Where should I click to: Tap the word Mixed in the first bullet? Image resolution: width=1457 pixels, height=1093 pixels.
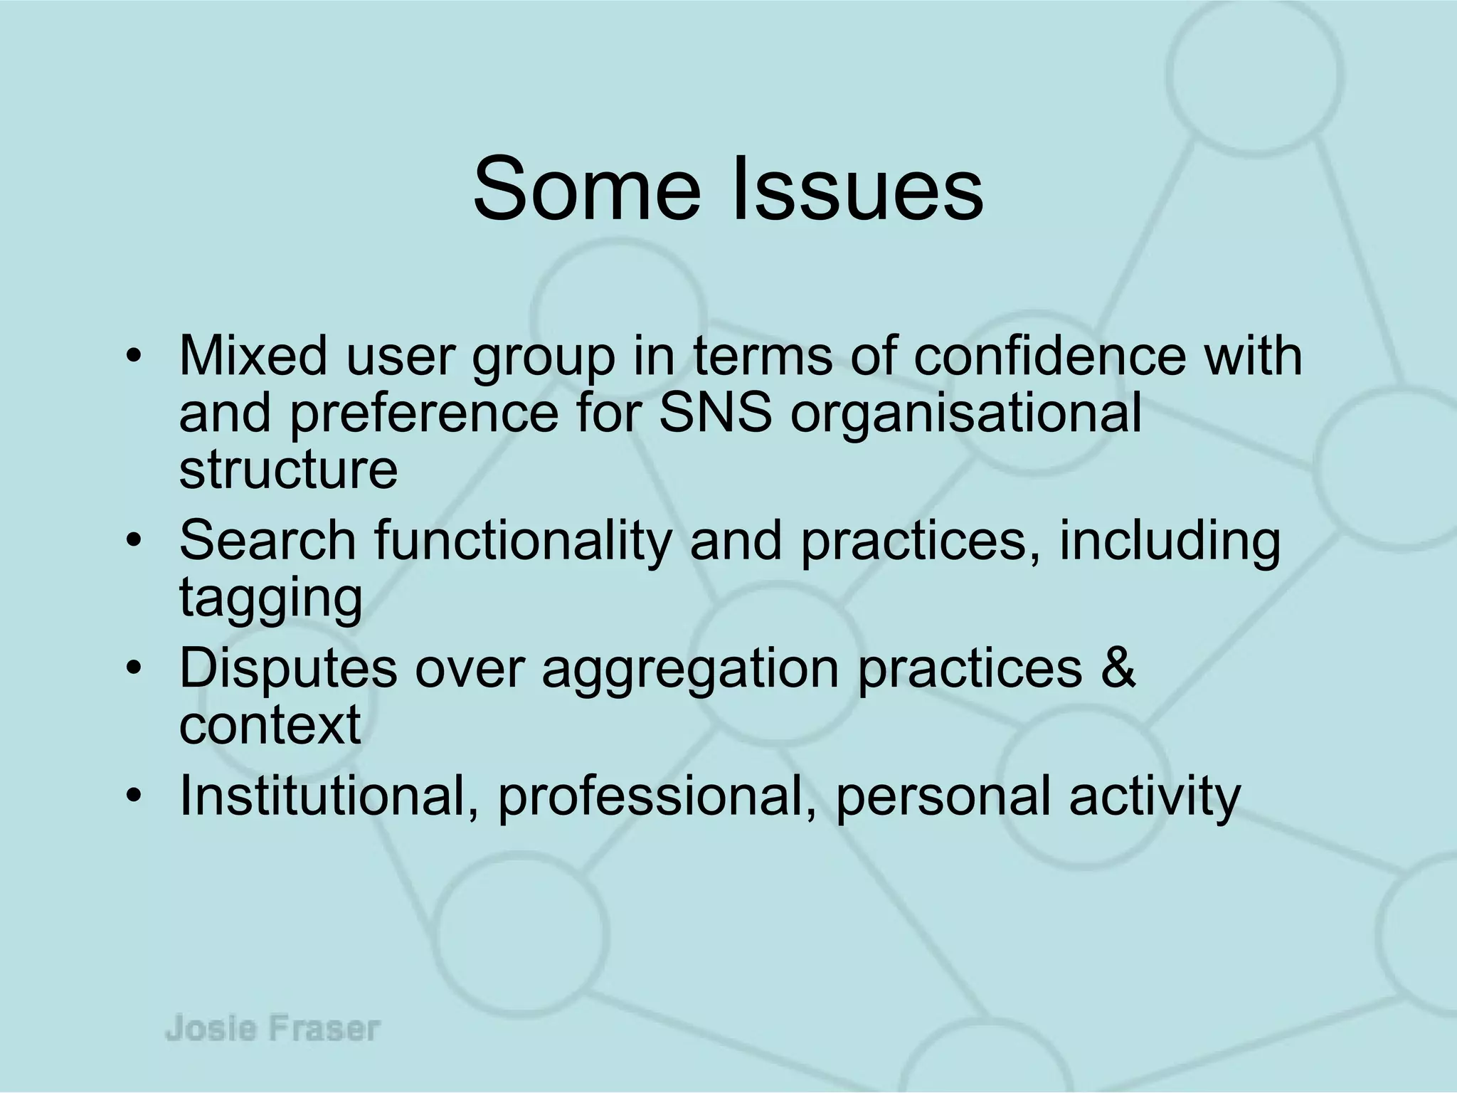(253, 355)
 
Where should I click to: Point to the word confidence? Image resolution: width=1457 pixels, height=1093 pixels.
(1049, 355)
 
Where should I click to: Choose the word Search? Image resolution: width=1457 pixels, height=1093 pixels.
(267, 541)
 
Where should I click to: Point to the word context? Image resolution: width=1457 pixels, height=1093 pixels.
(270, 726)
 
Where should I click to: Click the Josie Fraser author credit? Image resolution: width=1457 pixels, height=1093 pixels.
(273, 1030)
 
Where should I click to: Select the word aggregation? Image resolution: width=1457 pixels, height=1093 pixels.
(690, 669)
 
